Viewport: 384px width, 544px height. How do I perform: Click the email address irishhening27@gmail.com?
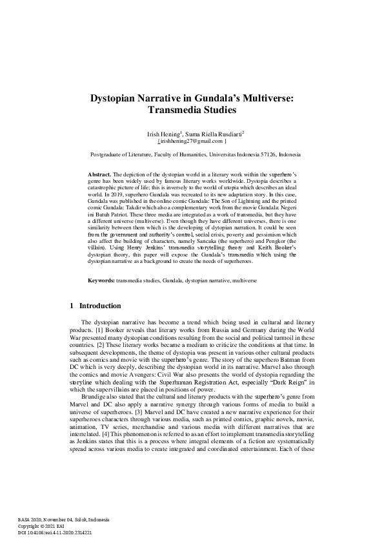coord(192,140)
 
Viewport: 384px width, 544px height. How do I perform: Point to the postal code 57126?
coord(272,155)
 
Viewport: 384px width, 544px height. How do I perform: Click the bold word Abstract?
coord(99,174)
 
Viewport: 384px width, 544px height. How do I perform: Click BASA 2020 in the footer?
coord(31,520)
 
